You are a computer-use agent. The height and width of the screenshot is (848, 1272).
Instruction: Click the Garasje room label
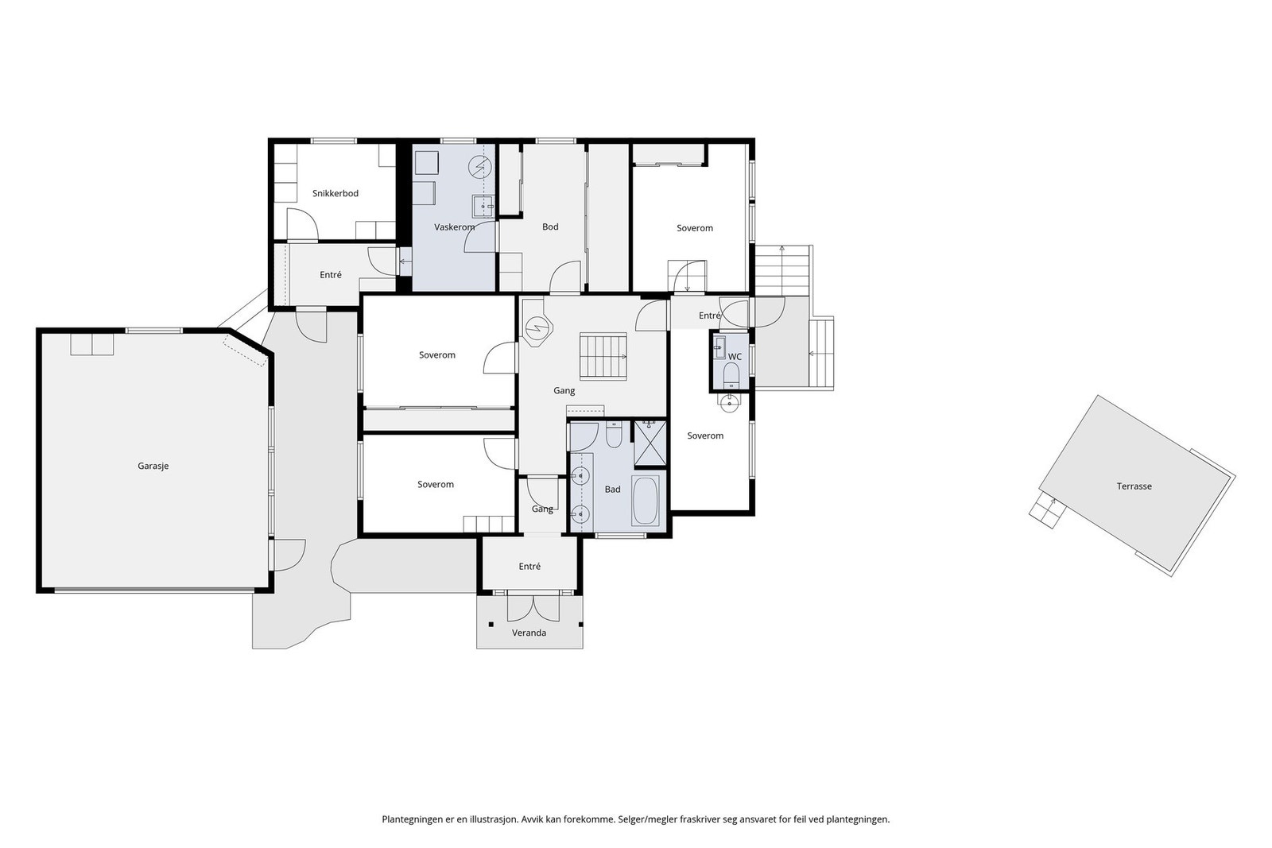[x=153, y=467]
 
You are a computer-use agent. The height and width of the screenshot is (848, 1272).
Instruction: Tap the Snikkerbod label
[x=335, y=193]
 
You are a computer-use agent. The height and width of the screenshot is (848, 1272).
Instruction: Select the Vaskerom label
[x=454, y=227]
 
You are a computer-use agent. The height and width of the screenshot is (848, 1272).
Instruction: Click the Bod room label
[x=550, y=227]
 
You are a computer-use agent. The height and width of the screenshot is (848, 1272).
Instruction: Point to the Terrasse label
[x=1134, y=486]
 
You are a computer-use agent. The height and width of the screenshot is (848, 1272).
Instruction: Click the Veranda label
[x=529, y=633]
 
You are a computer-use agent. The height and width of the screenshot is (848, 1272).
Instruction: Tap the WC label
[x=735, y=357]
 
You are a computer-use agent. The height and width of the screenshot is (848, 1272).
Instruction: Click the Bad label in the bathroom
[x=612, y=490]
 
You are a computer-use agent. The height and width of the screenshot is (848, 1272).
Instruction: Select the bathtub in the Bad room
[x=646, y=500]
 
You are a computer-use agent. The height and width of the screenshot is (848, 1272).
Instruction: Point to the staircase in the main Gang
[x=603, y=354]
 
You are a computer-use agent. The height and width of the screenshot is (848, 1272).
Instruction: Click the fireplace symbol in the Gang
[x=538, y=327]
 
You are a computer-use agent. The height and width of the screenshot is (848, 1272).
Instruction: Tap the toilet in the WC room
[x=732, y=374]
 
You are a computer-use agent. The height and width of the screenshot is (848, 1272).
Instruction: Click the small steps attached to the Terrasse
[x=1046, y=509]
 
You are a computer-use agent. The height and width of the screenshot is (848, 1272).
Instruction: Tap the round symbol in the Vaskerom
[x=479, y=166]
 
